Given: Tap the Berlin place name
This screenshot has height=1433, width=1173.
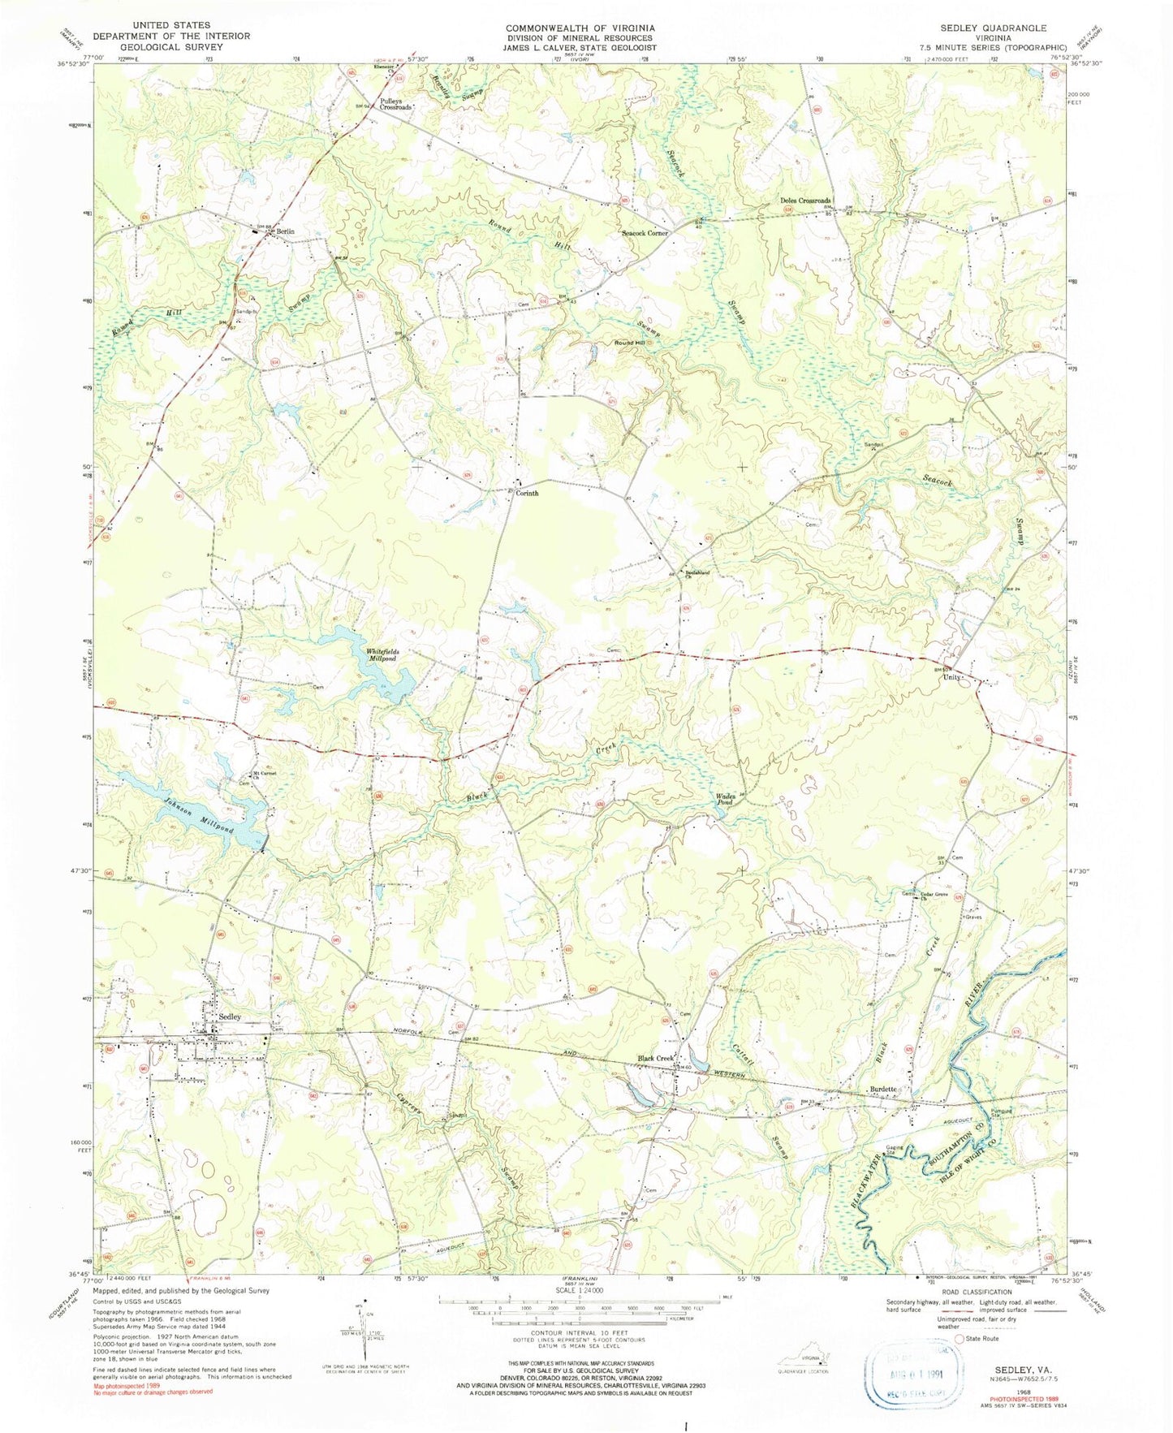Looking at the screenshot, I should coord(283,232).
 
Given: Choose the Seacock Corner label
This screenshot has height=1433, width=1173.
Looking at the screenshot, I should coord(645,234).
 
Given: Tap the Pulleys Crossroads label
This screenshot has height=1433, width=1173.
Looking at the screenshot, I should coord(395,106).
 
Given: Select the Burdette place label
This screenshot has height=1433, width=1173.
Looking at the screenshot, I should coord(882,1089).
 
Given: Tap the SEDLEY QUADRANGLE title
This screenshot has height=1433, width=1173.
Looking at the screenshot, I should coord(1003,27).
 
